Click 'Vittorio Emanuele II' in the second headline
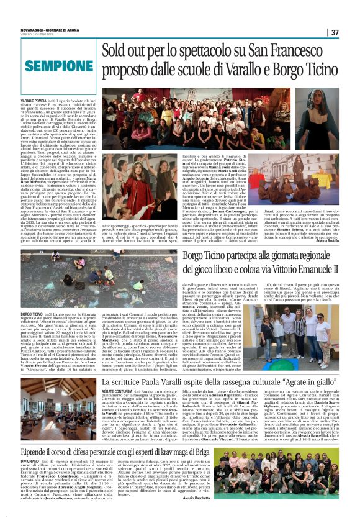click(x=292, y=269)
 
